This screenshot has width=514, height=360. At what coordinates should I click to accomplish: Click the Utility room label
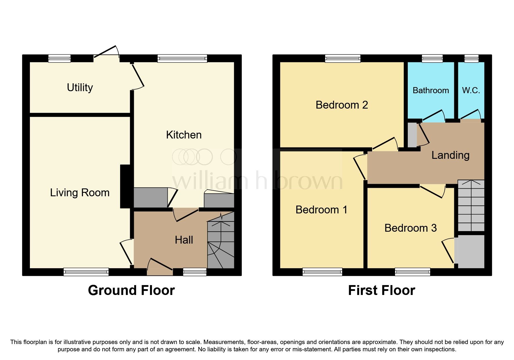80,87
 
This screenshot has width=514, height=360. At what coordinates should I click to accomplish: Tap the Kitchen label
184,135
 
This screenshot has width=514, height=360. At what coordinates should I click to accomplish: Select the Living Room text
80,192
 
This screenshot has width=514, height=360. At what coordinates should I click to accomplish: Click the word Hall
184,240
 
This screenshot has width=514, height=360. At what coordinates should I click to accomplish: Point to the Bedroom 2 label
342,105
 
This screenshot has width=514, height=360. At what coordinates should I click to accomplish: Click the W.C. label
471,90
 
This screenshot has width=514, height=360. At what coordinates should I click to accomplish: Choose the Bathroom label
431,90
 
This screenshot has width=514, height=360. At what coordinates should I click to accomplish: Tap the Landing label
450,155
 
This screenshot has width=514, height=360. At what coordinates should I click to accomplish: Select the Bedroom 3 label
410,228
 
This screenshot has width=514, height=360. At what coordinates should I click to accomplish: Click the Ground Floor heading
131,290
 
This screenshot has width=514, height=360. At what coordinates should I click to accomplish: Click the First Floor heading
381,290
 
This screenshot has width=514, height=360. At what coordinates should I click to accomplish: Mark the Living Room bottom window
86,272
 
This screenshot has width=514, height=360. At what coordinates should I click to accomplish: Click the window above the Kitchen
182,58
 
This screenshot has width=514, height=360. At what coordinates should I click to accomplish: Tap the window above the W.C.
471,58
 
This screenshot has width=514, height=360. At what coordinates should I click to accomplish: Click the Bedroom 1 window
322,272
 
